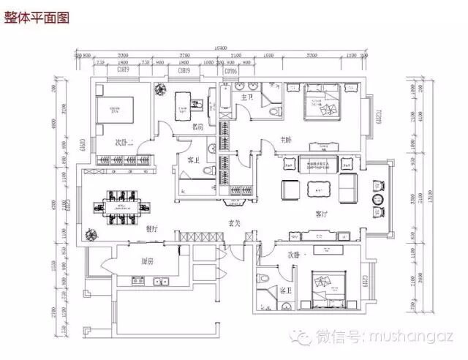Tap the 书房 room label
196,127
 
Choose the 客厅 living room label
320,215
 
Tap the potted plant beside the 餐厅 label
92,236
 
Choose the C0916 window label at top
231,72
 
